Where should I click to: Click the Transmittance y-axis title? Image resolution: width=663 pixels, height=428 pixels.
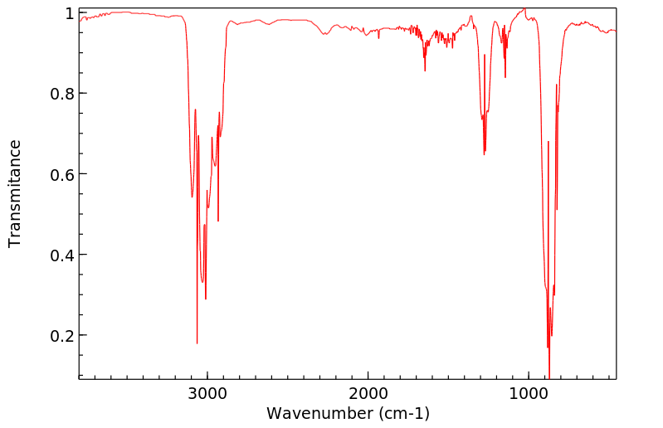click(x=15, y=193)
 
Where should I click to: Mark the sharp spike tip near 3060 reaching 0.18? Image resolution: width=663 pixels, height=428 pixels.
click(x=197, y=343)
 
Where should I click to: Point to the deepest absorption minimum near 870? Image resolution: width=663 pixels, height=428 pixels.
click(x=549, y=375)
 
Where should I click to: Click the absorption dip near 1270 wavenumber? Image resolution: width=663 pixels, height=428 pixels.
click(x=485, y=153)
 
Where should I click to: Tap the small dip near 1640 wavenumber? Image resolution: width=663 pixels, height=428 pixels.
click(x=425, y=71)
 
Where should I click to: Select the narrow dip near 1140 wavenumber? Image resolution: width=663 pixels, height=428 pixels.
click(x=505, y=77)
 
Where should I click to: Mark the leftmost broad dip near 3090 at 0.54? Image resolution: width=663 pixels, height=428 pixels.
click(x=192, y=197)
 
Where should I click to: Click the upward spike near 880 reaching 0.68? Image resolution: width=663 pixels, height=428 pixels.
click(x=548, y=142)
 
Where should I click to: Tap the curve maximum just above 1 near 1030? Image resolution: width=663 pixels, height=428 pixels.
click(x=524, y=9)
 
